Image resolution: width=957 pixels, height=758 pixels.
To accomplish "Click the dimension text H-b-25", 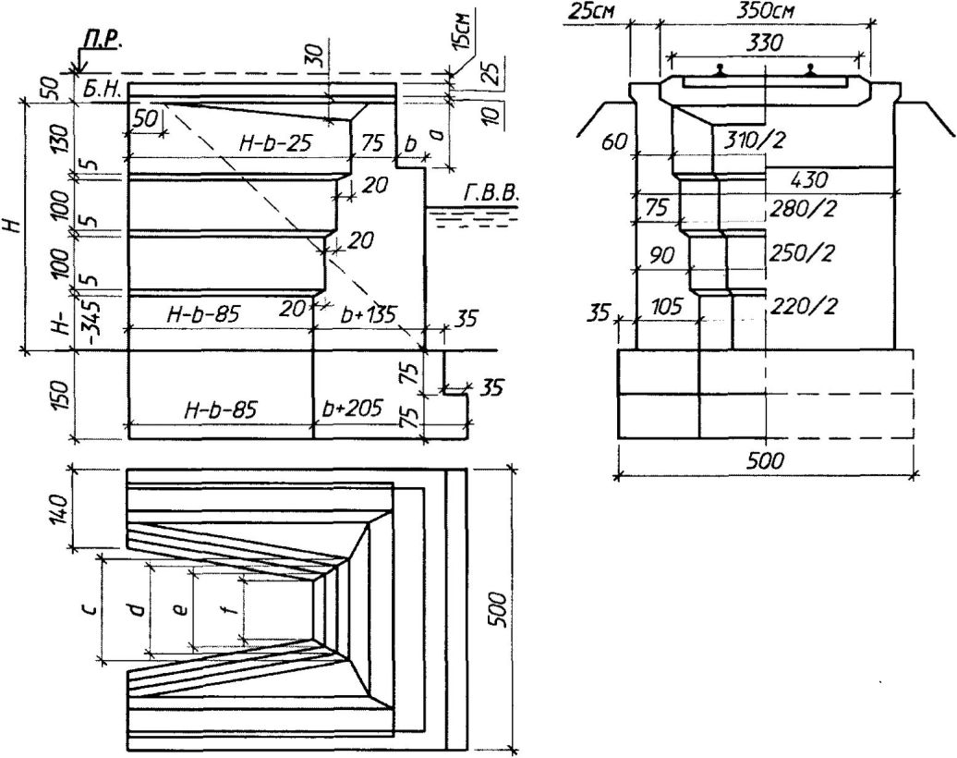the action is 275,143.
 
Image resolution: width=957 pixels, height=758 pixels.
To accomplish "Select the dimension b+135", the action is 368,314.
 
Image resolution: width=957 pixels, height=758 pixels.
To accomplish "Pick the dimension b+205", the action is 354,408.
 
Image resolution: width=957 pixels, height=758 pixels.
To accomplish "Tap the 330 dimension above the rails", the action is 763,43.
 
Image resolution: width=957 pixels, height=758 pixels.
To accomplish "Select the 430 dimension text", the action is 809,181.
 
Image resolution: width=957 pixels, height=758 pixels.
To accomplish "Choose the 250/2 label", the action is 801,253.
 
